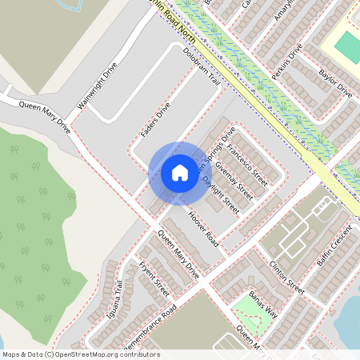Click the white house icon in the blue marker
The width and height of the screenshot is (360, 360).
180,172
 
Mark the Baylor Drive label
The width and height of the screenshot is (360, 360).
335,84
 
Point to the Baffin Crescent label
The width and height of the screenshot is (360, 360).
334,249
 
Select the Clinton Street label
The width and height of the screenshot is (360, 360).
287,276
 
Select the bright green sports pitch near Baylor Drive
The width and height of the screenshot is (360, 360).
347,48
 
